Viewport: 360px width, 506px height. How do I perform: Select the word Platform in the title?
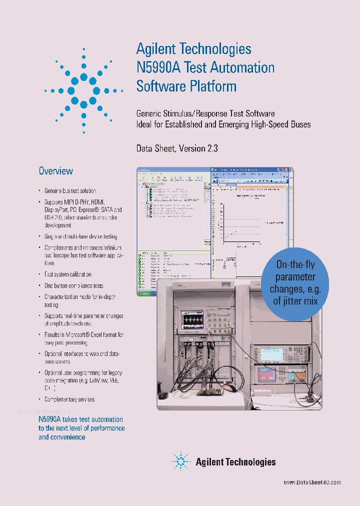[216, 86]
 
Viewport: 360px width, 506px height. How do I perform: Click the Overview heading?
[56, 171]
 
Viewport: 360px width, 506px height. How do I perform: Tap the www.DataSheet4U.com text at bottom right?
[312, 482]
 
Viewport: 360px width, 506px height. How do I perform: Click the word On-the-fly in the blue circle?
[295, 265]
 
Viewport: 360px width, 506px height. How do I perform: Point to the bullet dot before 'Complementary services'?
[40, 399]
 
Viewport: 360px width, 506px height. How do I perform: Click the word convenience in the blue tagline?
[62, 437]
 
